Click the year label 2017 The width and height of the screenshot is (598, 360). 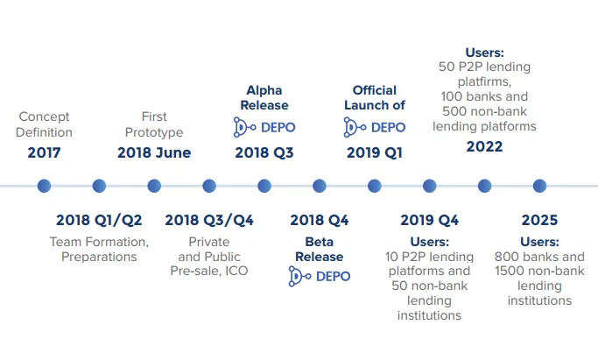(44, 152)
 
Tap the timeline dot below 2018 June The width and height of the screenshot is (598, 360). (154, 186)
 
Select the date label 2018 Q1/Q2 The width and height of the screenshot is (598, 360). (99, 220)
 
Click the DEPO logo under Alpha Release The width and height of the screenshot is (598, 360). (264, 127)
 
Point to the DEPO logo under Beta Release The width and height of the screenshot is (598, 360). (320, 277)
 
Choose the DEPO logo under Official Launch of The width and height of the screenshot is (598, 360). (374, 127)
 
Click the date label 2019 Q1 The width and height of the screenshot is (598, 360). (374, 152)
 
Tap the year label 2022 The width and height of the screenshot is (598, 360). (484, 146)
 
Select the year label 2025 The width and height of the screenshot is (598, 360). (539, 220)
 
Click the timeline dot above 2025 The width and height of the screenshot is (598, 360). (539, 186)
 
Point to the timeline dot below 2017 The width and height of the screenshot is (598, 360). (44, 186)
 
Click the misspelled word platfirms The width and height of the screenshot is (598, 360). (484, 81)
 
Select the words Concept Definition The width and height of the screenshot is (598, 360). (44, 124)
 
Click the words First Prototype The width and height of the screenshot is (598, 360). (154, 124)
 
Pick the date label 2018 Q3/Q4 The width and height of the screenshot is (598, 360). (209, 220)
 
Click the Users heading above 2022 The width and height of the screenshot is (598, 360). (484, 53)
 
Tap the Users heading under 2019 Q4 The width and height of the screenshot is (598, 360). (429, 242)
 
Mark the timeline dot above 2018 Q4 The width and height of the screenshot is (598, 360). (320, 186)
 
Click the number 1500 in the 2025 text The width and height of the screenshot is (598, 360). (509, 271)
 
